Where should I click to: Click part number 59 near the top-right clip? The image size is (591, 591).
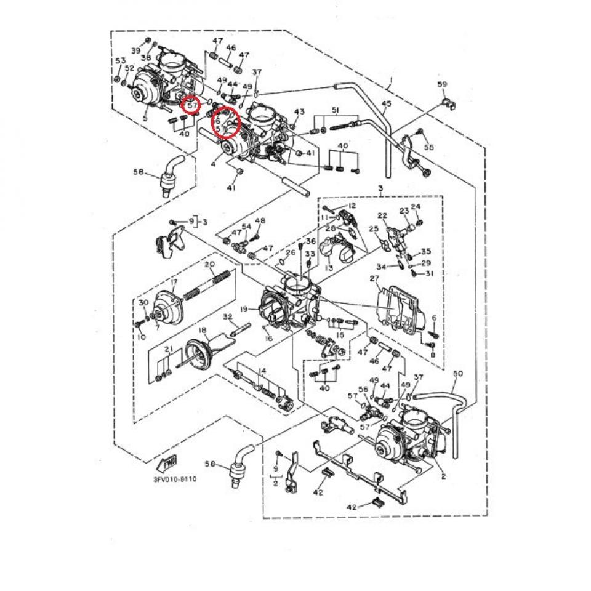[x=441, y=84]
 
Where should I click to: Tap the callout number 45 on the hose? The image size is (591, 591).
[x=386, y=104]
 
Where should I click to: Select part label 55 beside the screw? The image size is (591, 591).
[x=428, y=147]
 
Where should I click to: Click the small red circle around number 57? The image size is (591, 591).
[x=193, y=105]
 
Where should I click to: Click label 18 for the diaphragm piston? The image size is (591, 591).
[x=202, y=331]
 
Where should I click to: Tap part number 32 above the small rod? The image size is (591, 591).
[x=227, y=316]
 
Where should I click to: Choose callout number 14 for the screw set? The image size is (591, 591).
[x=262, y=371]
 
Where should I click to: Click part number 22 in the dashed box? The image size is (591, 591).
[x=382, y=215]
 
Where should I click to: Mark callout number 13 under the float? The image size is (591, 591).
[x=328, y=268]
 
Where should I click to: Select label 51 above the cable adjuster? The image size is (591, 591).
[x=335, y=110]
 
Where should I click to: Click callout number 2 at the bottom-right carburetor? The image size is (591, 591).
[x=443, y=476]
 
